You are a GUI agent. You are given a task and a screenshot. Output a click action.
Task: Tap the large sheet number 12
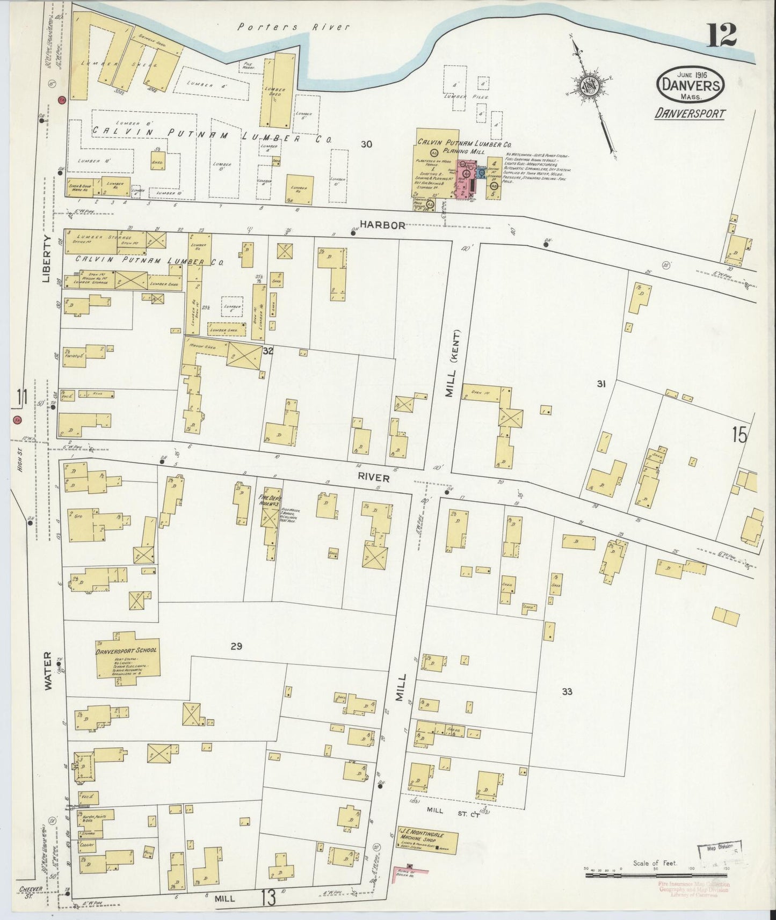coord(721,35)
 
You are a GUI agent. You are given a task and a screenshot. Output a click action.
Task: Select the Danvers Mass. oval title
coord(691,86)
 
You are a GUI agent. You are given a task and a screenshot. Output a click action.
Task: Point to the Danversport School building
coord(127,660)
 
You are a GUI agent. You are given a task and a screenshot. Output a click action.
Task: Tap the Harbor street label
coord(382,226)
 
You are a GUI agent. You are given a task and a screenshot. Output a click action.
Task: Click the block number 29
coord(236,646)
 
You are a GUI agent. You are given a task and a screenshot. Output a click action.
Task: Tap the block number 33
coord(567,692)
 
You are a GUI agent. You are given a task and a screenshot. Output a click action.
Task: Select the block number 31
coord(601,383)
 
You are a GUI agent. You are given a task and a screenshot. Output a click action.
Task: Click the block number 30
coord(367,144)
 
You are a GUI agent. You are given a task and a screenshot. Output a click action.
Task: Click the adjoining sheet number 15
coord(739,435)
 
